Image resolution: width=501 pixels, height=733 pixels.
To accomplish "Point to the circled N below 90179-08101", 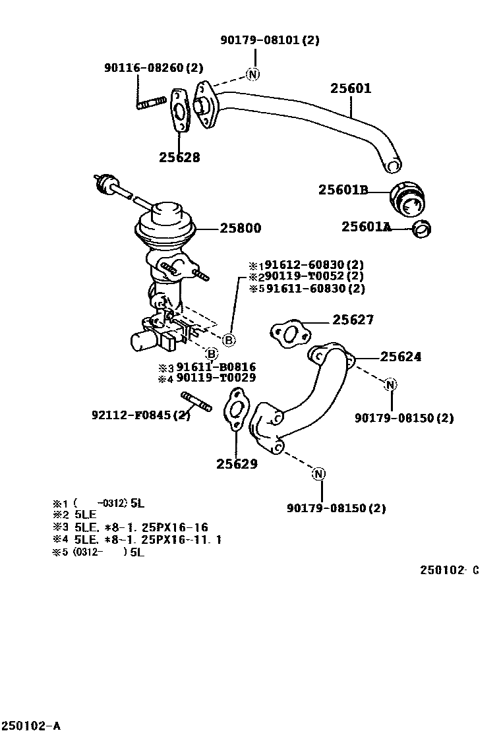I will [x=253, y=74].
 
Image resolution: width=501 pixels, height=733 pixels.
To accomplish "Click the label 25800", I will [x=240, y=229].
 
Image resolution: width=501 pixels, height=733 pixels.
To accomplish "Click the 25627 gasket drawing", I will [x=287, y=334].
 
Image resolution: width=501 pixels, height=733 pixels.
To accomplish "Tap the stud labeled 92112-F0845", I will [x=196, y=401].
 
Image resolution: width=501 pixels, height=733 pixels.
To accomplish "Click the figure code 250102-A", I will [x=31, y=726].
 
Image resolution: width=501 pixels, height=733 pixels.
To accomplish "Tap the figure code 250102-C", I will [x=449, y=570].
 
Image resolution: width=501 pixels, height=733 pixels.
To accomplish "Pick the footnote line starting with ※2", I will [x=76, y=515].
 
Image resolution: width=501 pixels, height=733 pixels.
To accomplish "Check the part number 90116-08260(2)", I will [x=154, y=68].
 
